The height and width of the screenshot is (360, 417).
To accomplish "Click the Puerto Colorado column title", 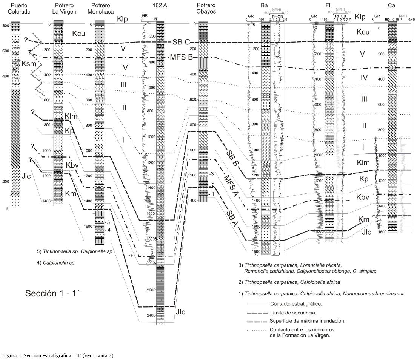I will [21, 8].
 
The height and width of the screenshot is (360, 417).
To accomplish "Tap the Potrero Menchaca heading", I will [100, 8].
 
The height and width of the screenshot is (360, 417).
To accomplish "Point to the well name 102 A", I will [160, 6].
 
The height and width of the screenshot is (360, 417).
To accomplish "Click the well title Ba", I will [264, 6].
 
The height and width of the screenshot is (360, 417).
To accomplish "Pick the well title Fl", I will [328, 6].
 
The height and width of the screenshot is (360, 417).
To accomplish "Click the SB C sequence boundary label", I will [181, 42].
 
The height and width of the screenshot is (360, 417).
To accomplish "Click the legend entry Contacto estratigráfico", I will [290, 304].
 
